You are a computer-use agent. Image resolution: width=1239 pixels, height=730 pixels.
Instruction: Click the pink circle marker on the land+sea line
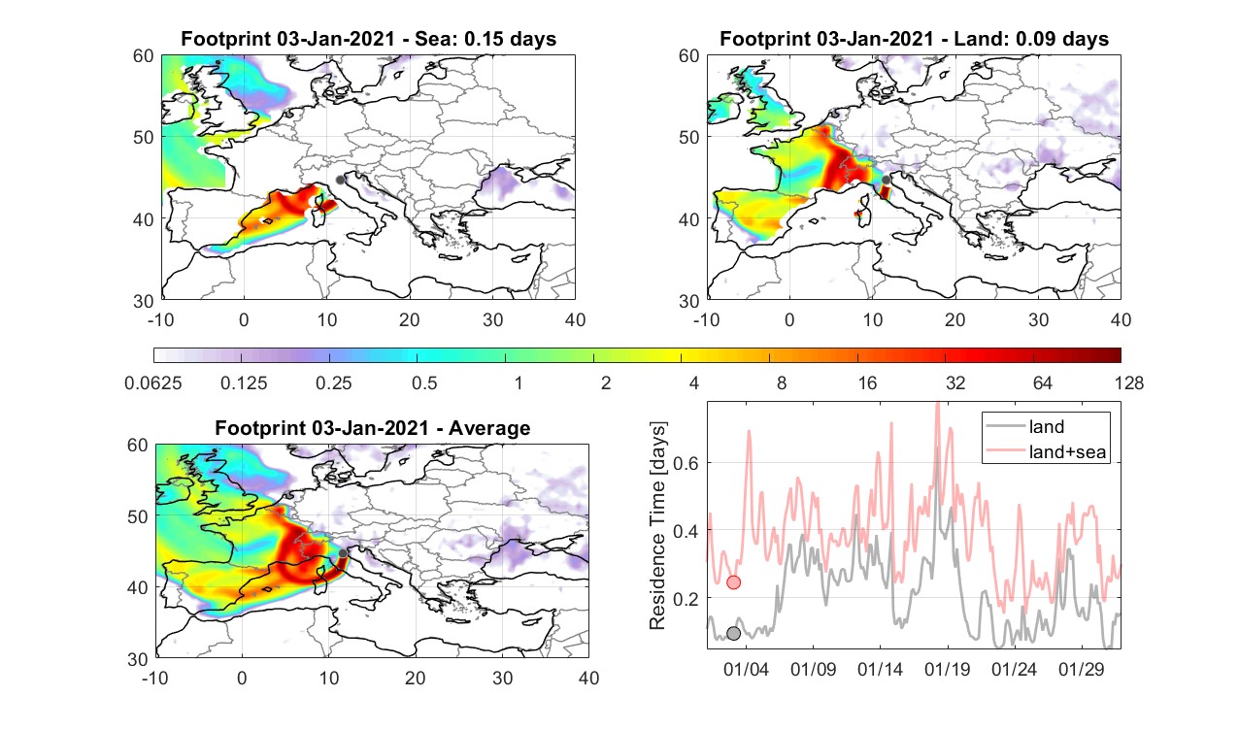click(x=733, y=582)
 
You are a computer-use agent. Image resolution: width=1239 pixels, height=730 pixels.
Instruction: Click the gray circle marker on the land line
click(x=733, y=633)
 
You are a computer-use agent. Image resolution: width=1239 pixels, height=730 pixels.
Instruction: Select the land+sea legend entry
click(x=1047, y=451)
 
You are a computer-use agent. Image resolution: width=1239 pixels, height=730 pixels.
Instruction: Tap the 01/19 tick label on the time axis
click(x=948, y=670)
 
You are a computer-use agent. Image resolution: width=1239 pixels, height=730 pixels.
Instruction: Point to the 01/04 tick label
click(x=747, y=670)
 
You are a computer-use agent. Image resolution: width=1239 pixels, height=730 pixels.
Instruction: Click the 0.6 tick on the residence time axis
click(x=686, y=463)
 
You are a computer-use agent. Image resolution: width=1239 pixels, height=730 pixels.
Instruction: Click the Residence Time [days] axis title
click(x=657, y=526)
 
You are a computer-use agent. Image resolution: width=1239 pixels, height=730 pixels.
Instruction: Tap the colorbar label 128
click(x=1129, y=382)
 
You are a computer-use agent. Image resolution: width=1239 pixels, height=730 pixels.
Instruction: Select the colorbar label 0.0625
click(x=153, y=382)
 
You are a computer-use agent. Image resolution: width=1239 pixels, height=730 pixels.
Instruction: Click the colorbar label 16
click(x=867, y=382)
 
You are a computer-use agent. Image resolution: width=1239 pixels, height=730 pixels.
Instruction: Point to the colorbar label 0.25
click(x=334, y=382)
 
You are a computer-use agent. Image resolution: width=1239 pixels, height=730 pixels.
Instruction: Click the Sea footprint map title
click(x=369, y=39)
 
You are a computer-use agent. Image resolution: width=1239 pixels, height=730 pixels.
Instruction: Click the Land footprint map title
click(x=915, y=39)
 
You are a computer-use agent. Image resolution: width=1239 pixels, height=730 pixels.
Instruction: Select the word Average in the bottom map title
click(x=489, y=428)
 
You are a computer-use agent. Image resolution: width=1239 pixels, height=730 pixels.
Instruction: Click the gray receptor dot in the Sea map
click(x=340, y=180)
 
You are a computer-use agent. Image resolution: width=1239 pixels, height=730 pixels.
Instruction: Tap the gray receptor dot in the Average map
click(x=343, y=553)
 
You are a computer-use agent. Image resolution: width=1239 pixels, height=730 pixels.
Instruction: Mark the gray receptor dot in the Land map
click(x=887, y=180)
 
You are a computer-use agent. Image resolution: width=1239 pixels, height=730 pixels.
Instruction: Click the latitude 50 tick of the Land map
click(x=689, y=137)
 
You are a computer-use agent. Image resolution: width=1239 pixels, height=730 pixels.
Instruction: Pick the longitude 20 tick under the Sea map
click(x=410, y=319)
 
